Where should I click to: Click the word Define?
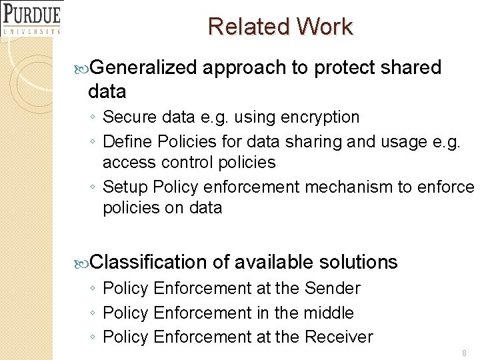[x=129, y=141]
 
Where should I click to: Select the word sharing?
[x=313, y=141]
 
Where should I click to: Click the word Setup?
[x=126, y=187]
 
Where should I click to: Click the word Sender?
[x=332, y=289]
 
